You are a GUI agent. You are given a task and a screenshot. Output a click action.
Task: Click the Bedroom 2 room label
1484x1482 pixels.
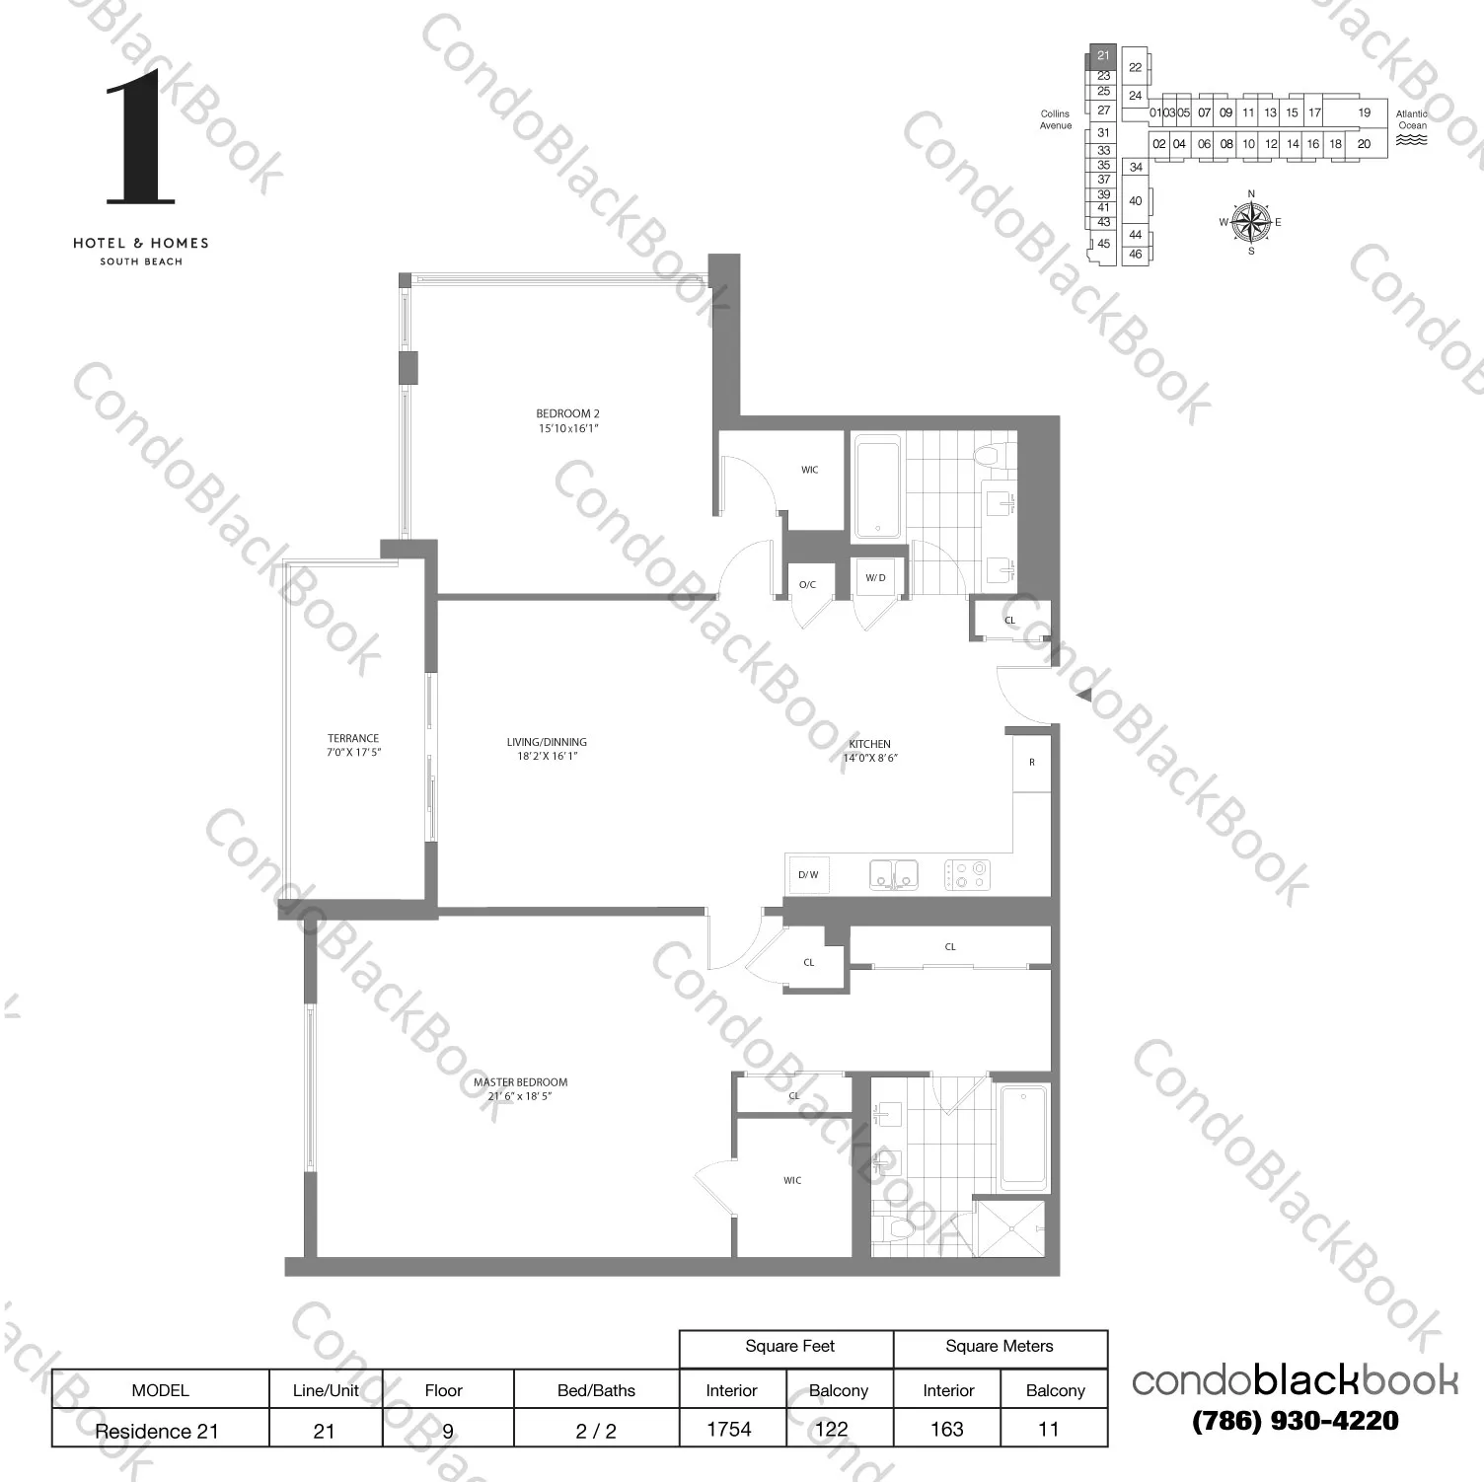click(567, 413)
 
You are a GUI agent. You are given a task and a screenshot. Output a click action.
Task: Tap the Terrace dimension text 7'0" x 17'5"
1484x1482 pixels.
click(353, 752)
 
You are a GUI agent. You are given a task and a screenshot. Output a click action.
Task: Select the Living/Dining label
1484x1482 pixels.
click(547, 742)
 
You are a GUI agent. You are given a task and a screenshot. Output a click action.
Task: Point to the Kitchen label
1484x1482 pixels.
click(869, 744)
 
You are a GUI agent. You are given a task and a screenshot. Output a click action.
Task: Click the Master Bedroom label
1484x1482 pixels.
click(520, 1082)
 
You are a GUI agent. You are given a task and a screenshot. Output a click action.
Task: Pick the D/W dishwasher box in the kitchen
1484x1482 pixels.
click(808, 875)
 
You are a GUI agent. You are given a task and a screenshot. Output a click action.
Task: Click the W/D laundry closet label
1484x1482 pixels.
click(875, 578)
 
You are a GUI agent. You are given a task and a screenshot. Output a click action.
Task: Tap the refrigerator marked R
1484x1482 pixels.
click(1032, 763)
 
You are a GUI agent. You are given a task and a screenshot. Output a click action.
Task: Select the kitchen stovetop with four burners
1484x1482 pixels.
click(967, 874)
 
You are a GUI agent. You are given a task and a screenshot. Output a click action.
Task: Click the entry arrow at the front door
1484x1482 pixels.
click(1083, 696)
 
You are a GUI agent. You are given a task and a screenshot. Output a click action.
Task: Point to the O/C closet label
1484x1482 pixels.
click(807, 585)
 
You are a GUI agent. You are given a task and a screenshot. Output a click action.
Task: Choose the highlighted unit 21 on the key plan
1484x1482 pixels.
click(1103, 56)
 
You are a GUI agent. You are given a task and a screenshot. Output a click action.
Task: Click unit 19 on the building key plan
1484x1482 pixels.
click(1364, 112)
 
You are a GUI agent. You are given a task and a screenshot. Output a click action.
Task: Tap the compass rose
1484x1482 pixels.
click(1251, 221)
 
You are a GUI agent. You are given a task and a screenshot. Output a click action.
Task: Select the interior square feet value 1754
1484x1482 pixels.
click(729, 1430)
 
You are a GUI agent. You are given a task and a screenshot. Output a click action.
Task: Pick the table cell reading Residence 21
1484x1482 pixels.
click(157, 1431)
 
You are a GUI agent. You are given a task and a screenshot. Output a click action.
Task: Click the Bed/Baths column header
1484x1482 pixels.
click(596, 1390)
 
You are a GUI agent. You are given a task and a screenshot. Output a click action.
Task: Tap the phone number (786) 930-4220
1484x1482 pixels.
click(1295, 1421)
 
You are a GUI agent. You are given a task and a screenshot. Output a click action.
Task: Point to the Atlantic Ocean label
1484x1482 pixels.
click(1412, 119)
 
